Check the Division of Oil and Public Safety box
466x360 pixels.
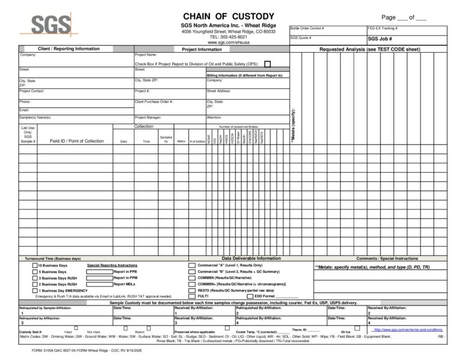coord(267,64)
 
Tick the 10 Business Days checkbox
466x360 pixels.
coord(35,265)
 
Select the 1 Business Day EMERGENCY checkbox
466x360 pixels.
coord(35,290)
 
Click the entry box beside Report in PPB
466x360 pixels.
coord(99,271)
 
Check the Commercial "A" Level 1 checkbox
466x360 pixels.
coord(192,265)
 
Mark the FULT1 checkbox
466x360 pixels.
coord(192,296)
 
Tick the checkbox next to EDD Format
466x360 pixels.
coord(250,296)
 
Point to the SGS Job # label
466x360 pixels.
coord(381,38)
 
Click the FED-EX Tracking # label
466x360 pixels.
coord(383,28)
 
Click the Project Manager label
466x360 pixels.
coord(148,117)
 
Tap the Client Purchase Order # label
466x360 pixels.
coord(154,101)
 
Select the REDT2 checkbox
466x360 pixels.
coord(192,290)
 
